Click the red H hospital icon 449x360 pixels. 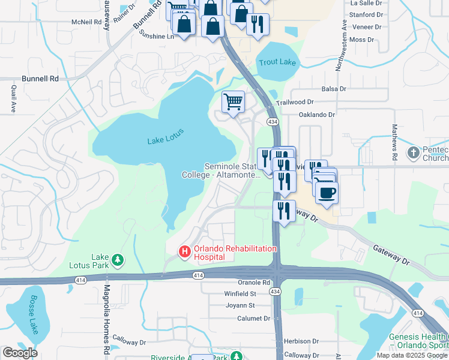(185, 253)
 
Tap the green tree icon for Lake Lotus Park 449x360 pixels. (119, 260)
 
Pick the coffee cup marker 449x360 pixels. (327, 193)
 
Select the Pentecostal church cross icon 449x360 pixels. (413, 152)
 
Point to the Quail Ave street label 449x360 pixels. (13, 98)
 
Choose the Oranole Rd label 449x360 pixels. (255, 283)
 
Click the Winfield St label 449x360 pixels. (240, 294)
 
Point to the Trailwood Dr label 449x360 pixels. (295, 103)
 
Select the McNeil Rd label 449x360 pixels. (86, 22)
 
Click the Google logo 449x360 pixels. (20, 353)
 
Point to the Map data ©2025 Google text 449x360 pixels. (411, 355)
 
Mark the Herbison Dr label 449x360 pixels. (300, 341)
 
